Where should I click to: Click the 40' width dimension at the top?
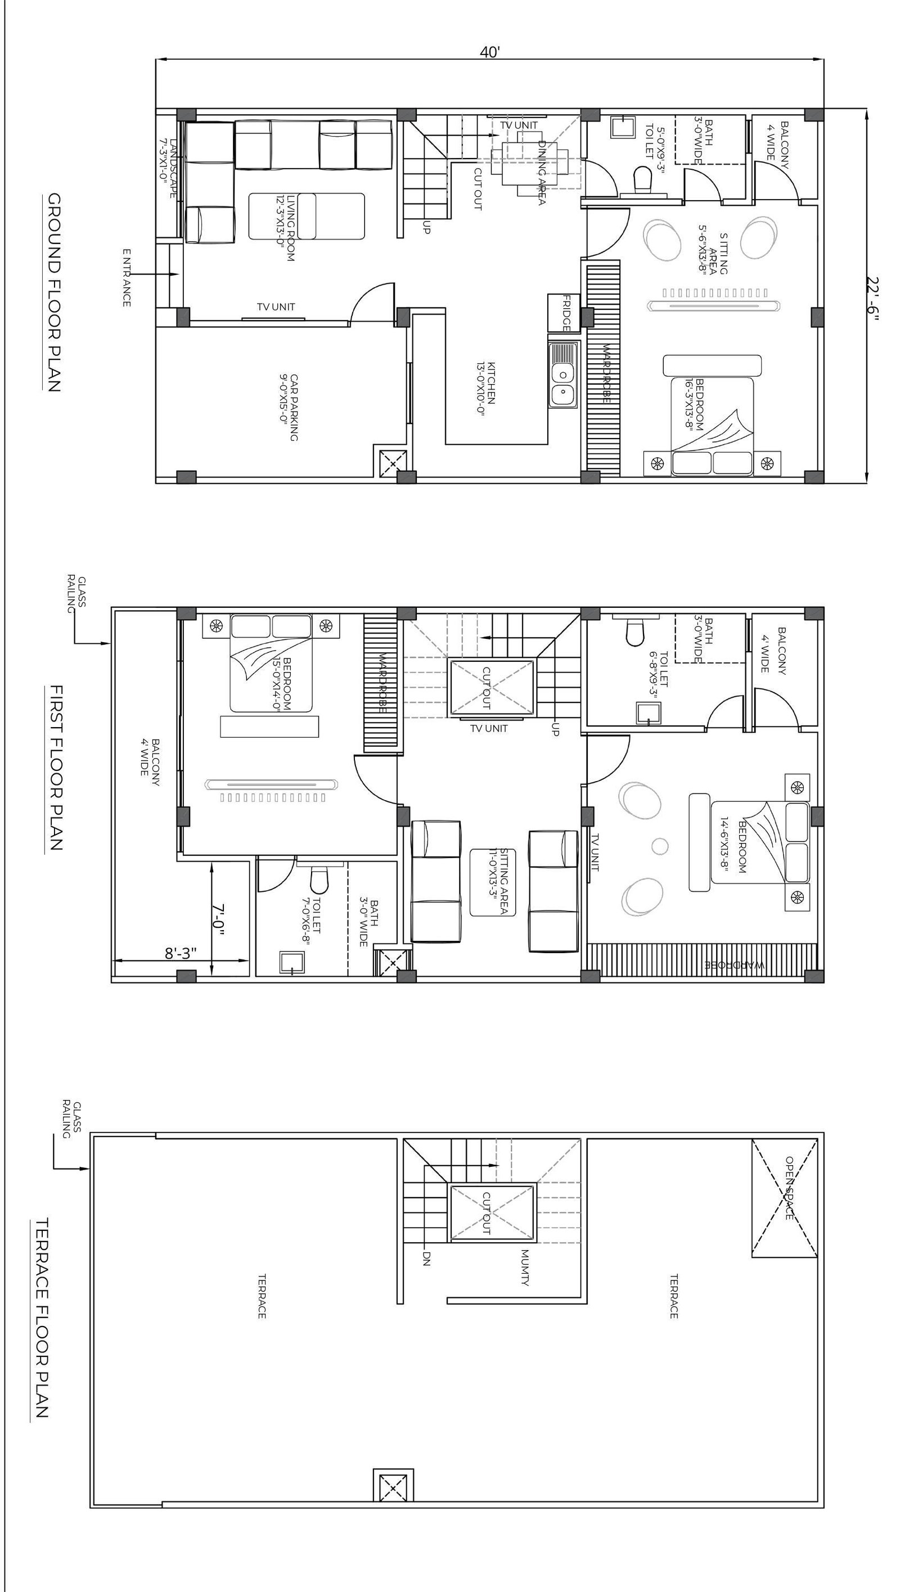point(489,52)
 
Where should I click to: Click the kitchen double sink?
point(563,375)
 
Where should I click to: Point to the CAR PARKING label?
point(289,407)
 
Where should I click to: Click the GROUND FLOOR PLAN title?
point(55,292)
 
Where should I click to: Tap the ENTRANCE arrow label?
point(127,277)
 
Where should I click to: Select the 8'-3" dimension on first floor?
point(181,953)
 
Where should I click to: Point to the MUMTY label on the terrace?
point(525,1268)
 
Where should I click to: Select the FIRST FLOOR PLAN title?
point(55,768)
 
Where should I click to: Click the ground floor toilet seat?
point(643,179)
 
